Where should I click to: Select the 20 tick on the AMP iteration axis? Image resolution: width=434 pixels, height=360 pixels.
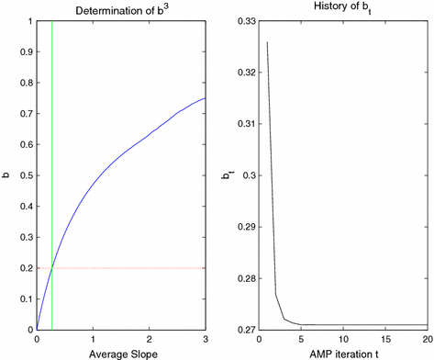click(427, 338)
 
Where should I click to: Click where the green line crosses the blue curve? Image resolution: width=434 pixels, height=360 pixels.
click(52, 266)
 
